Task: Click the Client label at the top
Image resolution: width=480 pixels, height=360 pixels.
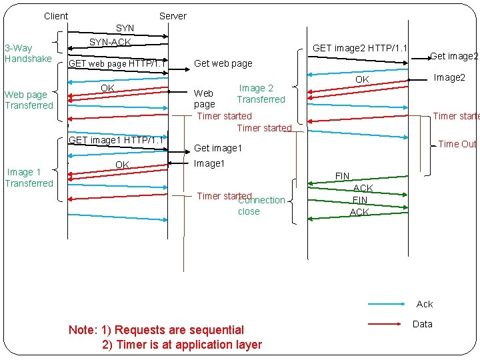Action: pyautogui.click(x=56, y=16)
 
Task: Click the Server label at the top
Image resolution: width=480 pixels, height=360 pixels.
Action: pyautogui.click(x=173, y=16)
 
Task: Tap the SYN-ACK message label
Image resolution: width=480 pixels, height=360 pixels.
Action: pyautogui.click(x=110, y=43)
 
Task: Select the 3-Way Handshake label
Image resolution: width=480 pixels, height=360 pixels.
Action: pyautogui.click(x=28, y=53)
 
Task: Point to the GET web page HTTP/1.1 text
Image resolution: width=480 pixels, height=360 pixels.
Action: pyautogui.click(x=117, y=64)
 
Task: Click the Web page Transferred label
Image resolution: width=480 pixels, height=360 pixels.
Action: pyautogui.click(x=29, y=100)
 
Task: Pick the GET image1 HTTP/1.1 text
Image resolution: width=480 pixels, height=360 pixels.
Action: pyautogui.click(x=117, y=140)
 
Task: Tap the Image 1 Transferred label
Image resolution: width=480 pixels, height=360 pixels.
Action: pyautogui.click(x=29, y=177)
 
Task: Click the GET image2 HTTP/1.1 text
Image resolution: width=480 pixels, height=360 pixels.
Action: pyautogui.click(x=360, y=48)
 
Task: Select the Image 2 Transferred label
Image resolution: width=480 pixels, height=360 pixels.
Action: pyautogui.click(x=260, y=93)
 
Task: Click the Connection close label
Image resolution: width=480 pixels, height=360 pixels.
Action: pyautogui.click(x=261, y=205)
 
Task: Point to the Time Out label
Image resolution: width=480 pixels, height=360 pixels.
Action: pyautogui.click(x=458, y=144)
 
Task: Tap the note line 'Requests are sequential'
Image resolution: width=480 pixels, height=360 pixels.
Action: pyautogui.click(x=157, y=329)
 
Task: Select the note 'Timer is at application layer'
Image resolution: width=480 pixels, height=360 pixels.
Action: pyautogui.click(x=182, y=345)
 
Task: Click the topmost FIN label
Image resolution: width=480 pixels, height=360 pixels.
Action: pyautogui.click(x=342, y=176)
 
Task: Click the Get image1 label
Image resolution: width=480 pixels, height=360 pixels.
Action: pyautogui.click(x=218, y=148)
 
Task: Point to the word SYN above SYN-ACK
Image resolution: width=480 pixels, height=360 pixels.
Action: pyautogui.click(x=125, y=29)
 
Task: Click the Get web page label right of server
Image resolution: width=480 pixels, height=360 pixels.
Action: pyautogui.click(x=223, y=64)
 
